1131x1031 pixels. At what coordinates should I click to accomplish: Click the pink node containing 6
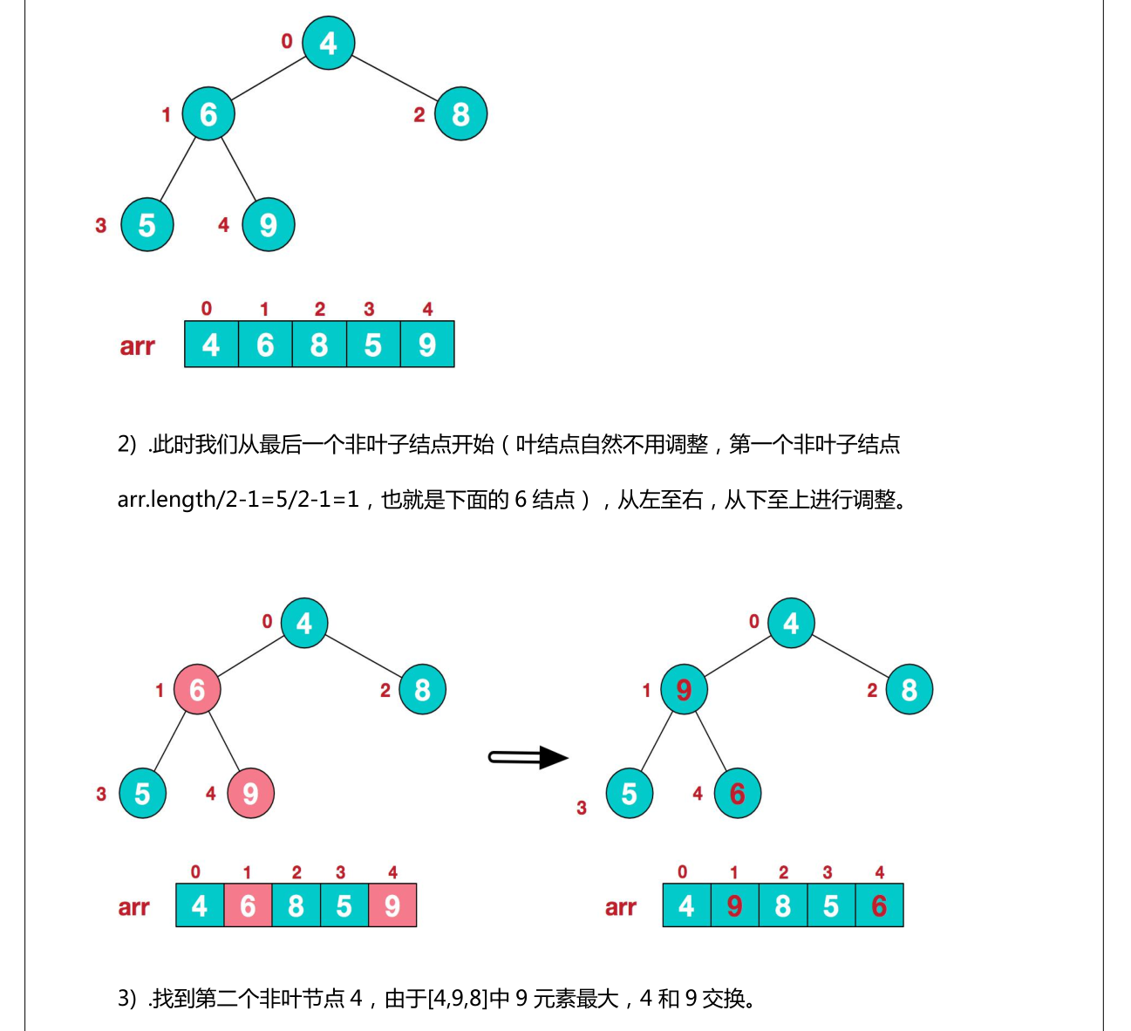[x=197, y=689]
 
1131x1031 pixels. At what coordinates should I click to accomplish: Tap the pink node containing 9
[x=250, y=793]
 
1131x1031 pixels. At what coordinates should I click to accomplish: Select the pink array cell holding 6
[x=248, y=905]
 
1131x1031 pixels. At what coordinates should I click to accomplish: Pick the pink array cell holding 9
[x=392, y=905]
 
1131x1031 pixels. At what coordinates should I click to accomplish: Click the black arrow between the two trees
[x=528, y=756]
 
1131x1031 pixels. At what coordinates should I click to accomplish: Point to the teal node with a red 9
[x=684, y=689]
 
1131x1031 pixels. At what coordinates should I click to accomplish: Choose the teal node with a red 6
[x=737, y=793]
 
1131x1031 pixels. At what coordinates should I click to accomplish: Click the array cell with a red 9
[x=734, y=905]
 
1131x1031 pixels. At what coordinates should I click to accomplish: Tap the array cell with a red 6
[x=879, y=905]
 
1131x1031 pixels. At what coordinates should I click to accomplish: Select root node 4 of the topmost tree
[x=328, y=43]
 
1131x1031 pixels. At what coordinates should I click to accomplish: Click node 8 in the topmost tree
[x=460, y=113]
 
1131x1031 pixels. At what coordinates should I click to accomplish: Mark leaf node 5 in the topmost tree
[x=146, y=225]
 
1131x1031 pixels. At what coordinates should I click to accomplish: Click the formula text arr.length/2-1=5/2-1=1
[x=238, y=500]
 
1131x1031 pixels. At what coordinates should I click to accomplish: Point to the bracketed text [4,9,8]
[x=458, y=998]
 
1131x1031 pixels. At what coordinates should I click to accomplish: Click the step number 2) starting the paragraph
[x=127, y=445]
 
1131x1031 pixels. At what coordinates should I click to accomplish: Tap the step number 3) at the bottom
[x=127, y=998]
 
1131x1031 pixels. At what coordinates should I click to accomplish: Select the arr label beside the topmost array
[x=137, y=346]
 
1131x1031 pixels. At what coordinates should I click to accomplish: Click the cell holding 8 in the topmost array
[x=319, y=345]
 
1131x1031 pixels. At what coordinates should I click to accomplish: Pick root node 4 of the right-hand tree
[x=791, y=623]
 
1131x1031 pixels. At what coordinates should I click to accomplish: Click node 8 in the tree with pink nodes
[x=422, y=689]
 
